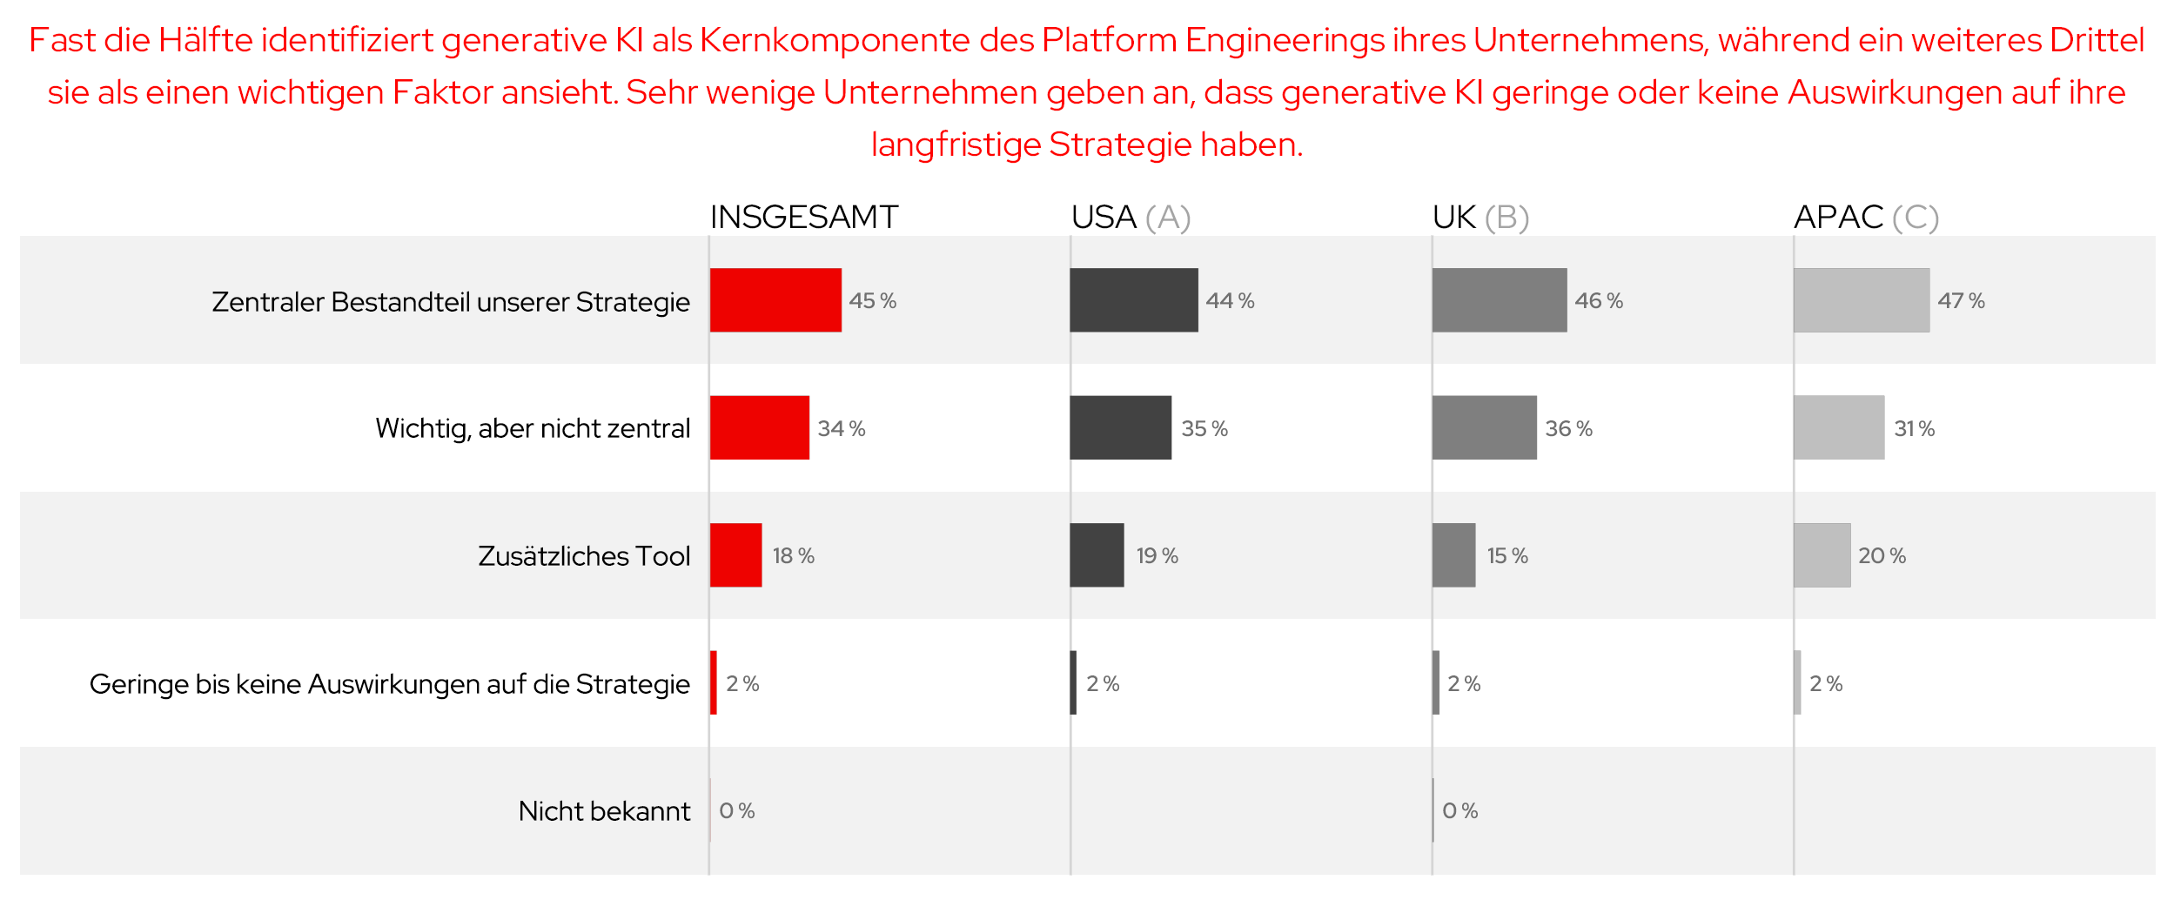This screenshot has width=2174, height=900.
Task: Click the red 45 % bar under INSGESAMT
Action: point(775,299)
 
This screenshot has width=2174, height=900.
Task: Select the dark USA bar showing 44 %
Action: point(1133,299)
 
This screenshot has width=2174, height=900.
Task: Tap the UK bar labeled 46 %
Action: point(1499,299)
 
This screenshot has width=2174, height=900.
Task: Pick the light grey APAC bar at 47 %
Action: point(1861,299)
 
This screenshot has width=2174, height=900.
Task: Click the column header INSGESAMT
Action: point(803,217)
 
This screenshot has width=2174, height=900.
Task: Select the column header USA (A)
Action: point(1130,217)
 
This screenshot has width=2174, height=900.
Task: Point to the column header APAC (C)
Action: point(1866,217)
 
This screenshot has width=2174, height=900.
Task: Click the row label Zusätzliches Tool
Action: point(583,555)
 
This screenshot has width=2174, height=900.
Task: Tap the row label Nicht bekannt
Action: point(603,810)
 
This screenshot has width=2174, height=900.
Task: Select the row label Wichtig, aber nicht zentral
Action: point(532,427)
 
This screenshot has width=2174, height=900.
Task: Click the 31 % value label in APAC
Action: point(1914,428)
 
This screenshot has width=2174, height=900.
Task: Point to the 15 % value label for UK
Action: point(1506,555)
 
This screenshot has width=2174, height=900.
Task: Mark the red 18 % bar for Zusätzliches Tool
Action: point(735,554)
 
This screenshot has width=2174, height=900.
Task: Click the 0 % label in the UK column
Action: point(1459,810)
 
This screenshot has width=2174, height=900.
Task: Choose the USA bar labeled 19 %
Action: point(1097,554)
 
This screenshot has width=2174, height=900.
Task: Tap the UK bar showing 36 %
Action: point(1484,427)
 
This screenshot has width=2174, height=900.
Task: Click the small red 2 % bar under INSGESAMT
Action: point(714,682)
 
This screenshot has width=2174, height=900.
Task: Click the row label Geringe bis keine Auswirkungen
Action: point(389,683)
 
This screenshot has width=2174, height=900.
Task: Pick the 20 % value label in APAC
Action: point(1882,555)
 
